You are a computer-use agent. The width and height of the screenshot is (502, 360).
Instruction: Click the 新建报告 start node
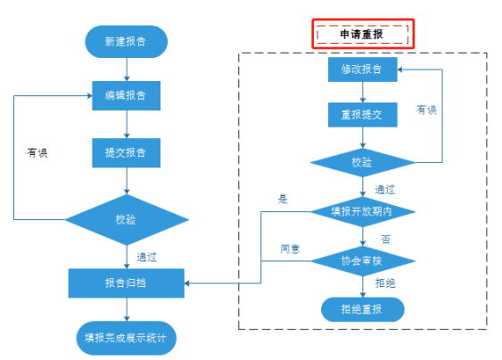tap(126, 42)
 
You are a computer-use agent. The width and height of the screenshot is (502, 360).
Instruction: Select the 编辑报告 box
tap(126, 95)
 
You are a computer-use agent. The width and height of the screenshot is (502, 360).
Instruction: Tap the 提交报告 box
tap(126, 152)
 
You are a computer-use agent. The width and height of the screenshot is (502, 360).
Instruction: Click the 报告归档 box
tap(126, 283)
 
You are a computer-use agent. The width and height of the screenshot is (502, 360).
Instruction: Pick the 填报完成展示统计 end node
tap(126, 338)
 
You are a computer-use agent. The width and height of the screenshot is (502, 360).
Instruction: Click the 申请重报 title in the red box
tap(361, 34)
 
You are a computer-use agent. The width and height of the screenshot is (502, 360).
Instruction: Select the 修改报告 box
tap(362, 70)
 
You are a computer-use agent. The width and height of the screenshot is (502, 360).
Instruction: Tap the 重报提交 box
tap(362, 115)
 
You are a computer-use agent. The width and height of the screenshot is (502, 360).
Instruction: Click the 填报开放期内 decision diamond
tap(362, 212)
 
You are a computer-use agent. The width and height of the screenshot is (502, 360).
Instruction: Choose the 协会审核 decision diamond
tap(362, 261)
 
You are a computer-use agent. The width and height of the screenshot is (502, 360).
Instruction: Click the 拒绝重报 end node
tap(362, 309)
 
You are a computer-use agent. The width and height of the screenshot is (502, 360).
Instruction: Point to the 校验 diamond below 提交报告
tap(127, 220)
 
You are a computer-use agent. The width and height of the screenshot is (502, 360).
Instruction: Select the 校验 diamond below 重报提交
tap(362, 162)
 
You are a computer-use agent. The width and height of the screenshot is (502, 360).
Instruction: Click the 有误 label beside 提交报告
tap(37, 152)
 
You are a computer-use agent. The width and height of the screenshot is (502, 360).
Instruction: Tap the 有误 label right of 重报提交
tap(426, 110)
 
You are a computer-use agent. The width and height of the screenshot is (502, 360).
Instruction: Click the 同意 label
tap(290, 249)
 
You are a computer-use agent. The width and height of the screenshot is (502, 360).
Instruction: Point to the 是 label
tap(283, 200)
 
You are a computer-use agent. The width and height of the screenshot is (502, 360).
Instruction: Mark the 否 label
tap(386, 239)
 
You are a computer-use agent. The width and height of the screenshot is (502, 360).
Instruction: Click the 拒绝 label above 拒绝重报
tap(385, 283)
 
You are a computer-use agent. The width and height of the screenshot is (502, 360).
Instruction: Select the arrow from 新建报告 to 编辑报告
tap(127, 70)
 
